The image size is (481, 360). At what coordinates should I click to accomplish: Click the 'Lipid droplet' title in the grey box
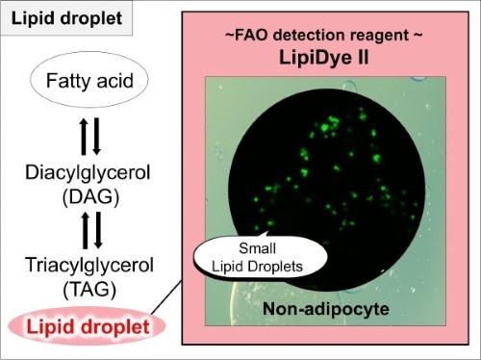tap(66, 18)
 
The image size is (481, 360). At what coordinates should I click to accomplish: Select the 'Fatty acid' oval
tap(89, 80)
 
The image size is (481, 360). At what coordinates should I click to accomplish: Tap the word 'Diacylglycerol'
tap(88, 173)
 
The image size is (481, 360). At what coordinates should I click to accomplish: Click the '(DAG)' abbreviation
tap(90, 196)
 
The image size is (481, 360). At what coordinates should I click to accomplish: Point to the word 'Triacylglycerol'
tap(89, 266)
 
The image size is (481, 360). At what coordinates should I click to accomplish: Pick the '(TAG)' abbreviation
tap(89, 290)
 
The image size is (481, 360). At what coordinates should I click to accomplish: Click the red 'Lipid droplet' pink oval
tap(87, 326)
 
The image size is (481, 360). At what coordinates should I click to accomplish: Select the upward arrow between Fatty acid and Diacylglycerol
tap(84, 137)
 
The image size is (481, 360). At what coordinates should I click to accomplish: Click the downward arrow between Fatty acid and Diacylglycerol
tap(96, 137)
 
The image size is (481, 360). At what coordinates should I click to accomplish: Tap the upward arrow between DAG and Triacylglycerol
tap(86, 230)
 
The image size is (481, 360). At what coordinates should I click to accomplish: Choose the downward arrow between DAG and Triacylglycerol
tap(98, 230)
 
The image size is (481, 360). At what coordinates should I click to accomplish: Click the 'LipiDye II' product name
tap(324, 58)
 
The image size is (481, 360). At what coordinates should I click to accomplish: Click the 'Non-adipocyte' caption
tap(326, 309)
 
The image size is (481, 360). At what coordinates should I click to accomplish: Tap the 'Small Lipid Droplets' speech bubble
tap(261, 258)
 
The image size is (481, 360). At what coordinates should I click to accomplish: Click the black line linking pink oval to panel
tap(166, 297)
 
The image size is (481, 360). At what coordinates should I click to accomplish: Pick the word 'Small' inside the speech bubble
tap(258, 248)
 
